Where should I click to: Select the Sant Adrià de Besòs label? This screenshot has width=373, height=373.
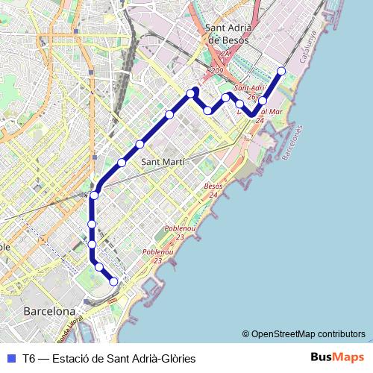point(227,34)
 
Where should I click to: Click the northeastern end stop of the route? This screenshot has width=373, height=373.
point(281,71)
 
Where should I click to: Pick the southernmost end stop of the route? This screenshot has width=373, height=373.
point(113,281)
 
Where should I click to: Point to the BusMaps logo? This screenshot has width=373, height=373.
point(337,357)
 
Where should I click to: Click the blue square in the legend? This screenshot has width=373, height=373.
point(10,358)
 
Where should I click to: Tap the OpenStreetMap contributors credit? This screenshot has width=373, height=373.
point(307,333)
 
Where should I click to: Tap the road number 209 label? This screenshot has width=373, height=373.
point(217,71)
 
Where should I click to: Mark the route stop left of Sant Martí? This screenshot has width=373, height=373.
point(122,162)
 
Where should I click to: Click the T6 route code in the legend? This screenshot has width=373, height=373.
point(29,358)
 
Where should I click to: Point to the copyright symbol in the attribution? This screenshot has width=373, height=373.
point(245,333)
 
